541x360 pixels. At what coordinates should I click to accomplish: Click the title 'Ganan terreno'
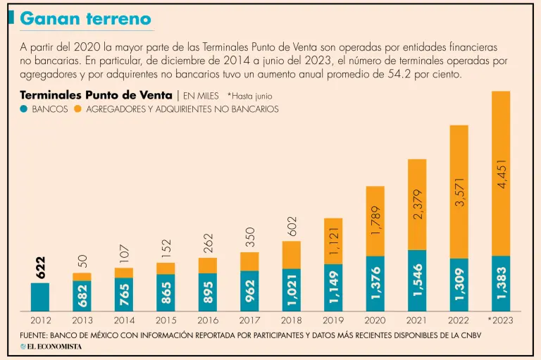(x=85, y=19)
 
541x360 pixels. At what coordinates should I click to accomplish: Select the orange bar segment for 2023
(x=501, y=173)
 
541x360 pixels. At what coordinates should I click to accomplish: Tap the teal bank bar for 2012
(x=40, y=297)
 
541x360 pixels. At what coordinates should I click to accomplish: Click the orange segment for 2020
(x=375, y=221)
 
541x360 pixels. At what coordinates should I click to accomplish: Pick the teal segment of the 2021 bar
(x=417, y=280)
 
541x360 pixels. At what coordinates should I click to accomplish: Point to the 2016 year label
(x=207, y=320)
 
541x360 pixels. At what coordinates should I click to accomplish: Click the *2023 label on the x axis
(x=500, y=320)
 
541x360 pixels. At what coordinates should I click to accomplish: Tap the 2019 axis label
(x=332, y=320)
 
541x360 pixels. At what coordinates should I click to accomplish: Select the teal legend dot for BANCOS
(x=24, y=109)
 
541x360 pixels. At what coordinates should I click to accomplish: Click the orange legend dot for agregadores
(x=77, y=109)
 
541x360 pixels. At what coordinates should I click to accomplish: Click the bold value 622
(x=40, y=266)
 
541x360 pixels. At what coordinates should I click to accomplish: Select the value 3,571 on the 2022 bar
(x=459, y=192)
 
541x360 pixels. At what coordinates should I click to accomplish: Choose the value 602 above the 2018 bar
(x=292, y=226)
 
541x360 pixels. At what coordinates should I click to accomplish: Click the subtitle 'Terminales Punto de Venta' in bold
(x=96, y=95)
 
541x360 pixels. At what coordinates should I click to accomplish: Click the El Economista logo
(x=51, y=347)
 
